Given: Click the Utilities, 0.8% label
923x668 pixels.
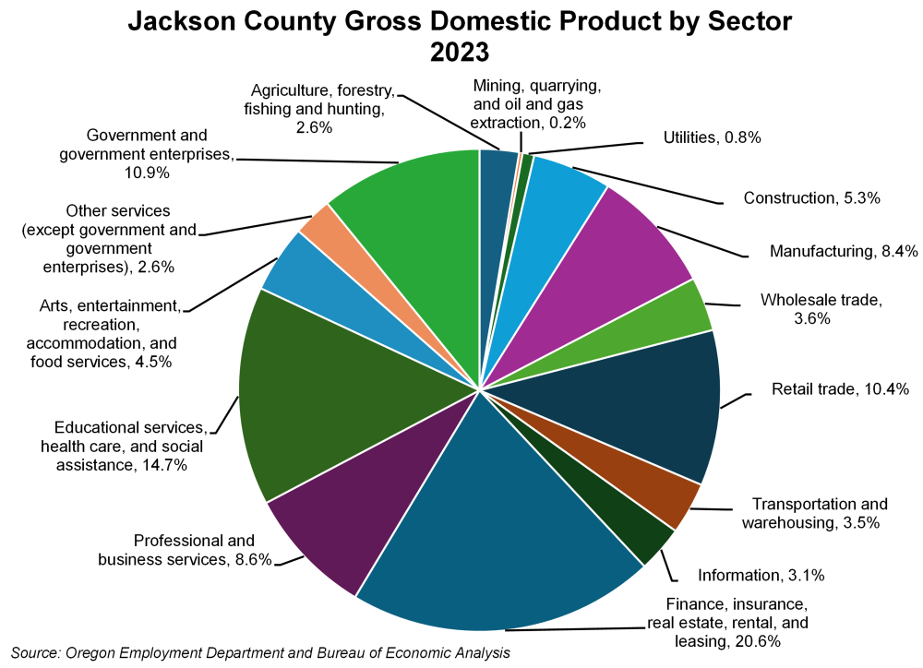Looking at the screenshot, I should [712, 138].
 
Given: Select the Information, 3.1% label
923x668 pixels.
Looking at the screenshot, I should [761, 576].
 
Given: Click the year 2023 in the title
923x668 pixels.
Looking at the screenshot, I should [459, 52].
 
